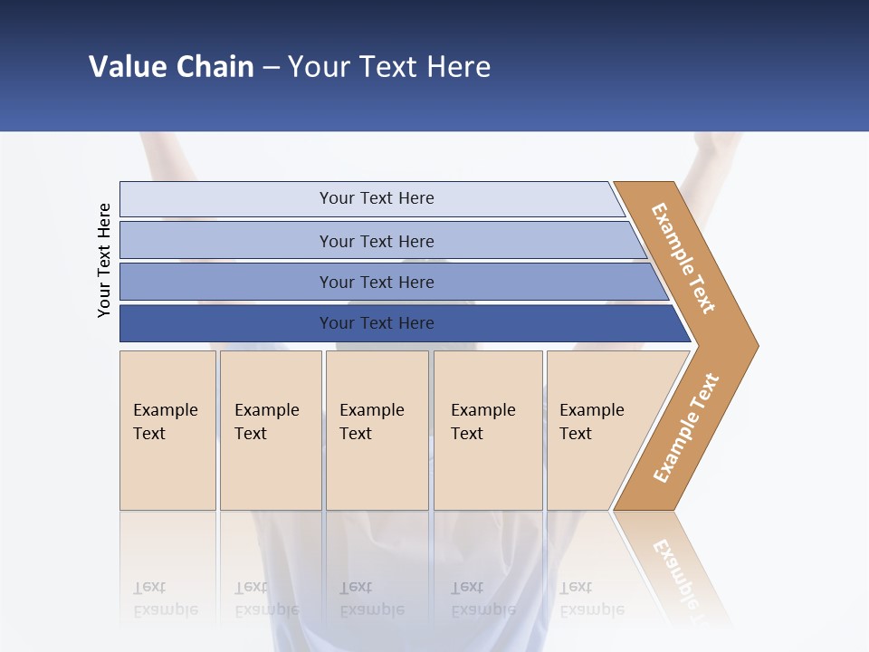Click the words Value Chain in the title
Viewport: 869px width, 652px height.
coord(171,67)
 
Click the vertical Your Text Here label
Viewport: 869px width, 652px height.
coord(104,260)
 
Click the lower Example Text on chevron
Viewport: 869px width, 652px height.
coord(686,428)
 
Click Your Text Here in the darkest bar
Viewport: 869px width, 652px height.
coord(377,323)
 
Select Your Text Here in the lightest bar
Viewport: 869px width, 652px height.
coord(377,198)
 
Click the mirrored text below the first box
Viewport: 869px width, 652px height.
coord(165,599)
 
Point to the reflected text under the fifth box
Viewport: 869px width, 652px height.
coord(591,599)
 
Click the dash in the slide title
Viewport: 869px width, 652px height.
coord(271,68)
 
